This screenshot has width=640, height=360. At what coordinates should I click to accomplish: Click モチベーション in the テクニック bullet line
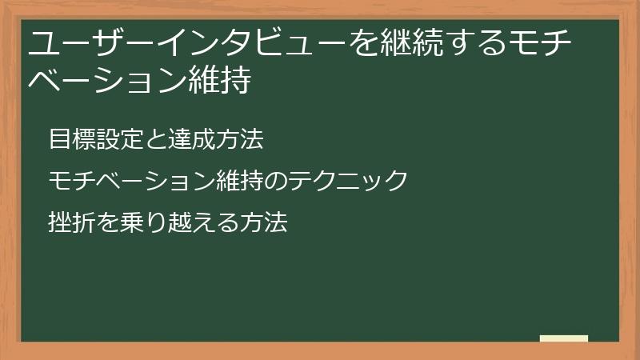click(131, 180)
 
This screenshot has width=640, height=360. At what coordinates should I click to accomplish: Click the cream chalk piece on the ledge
click(564, 338)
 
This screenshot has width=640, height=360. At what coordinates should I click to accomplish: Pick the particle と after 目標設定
click(155, 139)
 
